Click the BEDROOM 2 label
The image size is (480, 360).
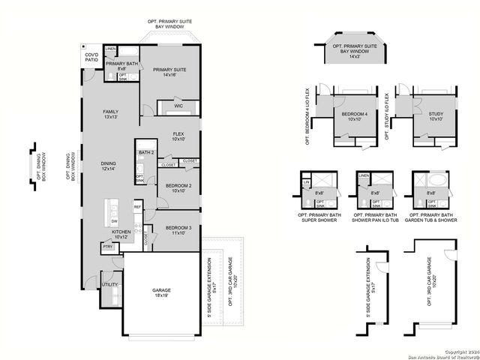coord(178,187)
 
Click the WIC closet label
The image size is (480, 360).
coord(178,106)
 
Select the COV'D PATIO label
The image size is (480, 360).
coord(91,58)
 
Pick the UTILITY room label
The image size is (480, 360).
coord(109,285)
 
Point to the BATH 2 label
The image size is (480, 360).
coord(145,153)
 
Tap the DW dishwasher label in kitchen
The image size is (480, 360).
coord(114,221)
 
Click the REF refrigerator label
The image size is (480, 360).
coord(137,206)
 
